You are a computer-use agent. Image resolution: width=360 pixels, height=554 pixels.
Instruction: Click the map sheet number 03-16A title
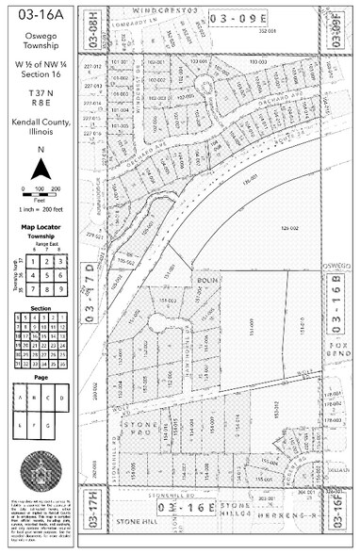40,15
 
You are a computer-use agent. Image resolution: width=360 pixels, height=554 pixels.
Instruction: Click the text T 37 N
40,98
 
